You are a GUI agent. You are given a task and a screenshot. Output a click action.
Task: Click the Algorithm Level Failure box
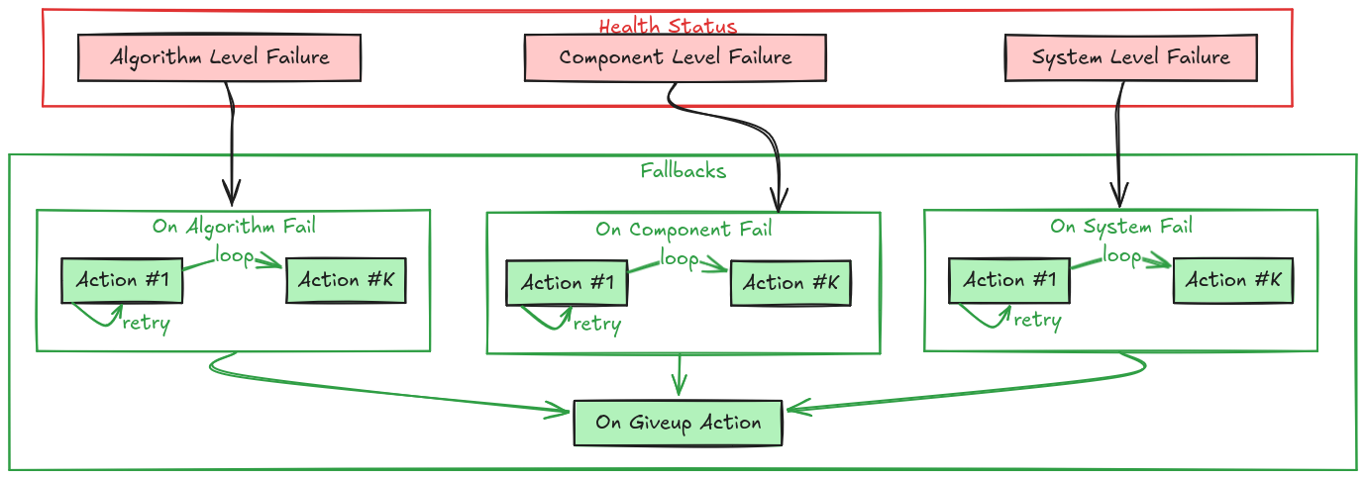click(219, 57)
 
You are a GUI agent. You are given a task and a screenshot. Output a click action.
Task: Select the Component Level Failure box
click(675, 57)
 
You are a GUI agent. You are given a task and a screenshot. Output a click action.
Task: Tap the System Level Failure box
click(1130, 57)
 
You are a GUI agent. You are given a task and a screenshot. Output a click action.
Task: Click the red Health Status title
click(668, 26)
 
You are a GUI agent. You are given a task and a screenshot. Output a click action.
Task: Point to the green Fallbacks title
click(683, 170)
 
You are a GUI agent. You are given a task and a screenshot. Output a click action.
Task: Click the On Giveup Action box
click(679, 423)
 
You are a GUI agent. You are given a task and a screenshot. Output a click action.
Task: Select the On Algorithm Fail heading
click(234, 226)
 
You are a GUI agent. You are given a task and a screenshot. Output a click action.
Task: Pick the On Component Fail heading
click(683, 230)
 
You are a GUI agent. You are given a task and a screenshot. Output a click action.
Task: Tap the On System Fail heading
click(1121, 226)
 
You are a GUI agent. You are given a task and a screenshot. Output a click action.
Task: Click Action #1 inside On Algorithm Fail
click(123, 280)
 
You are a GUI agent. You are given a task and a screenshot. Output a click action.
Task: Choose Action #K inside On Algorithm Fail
click(346, 280)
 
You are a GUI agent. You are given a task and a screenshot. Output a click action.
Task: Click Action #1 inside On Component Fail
click(568, 283)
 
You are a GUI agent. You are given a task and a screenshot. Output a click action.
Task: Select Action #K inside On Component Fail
click(790, 283)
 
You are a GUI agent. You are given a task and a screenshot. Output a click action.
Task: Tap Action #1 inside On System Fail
click(1009, 280)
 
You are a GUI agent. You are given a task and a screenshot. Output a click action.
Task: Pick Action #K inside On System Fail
click(1233, 280)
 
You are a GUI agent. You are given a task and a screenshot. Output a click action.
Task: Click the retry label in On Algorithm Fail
click(147, 324)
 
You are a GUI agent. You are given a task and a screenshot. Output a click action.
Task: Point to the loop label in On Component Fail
click(680, 258)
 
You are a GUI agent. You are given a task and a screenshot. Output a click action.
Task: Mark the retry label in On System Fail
click(1037, 320)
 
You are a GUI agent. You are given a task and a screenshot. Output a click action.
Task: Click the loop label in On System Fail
click(1121, 255)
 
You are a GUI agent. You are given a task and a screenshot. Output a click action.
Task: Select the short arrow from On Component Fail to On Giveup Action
click(679, 375)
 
